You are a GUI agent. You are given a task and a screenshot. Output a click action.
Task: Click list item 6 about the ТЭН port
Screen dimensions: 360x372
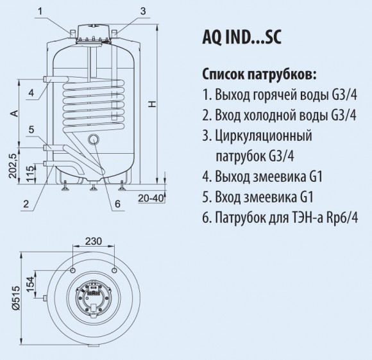coord(286,217)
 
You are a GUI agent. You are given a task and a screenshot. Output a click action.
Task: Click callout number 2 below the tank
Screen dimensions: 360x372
coord(26,204)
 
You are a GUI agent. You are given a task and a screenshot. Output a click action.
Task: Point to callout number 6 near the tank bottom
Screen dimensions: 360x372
coord(117,204)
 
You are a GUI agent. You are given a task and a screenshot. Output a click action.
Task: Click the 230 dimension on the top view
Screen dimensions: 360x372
coord(94,241)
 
